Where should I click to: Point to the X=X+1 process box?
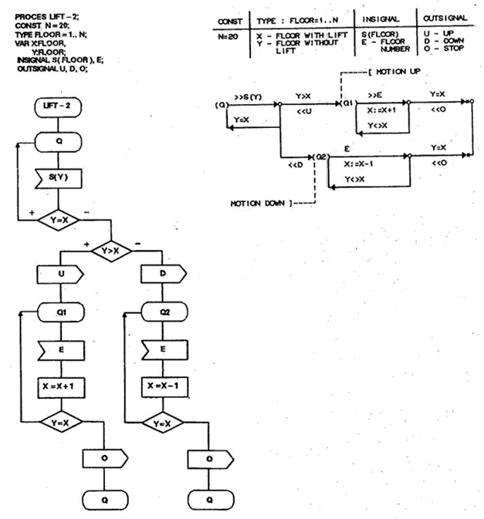59,385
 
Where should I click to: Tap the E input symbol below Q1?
59,349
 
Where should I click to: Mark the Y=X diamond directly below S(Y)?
59,221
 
